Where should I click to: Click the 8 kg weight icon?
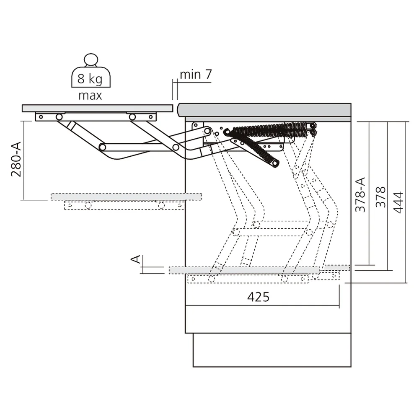click(x=90, y=73)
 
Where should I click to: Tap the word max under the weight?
click(x=90, y=96)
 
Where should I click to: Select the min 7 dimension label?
click(x=196, y=75)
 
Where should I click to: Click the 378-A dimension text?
click(x=360, y=194)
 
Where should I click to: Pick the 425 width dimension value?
click(x=258, y=297)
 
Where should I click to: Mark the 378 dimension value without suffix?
click(x=380, y=197)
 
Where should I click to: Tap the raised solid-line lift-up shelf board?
click(x=97, y=108)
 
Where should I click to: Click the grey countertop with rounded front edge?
click(x=264, y=110)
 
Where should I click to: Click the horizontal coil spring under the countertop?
click(x=268, y=128)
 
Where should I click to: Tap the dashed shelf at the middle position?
click(x=126, y=197)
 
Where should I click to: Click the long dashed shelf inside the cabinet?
click(x=244, y=270)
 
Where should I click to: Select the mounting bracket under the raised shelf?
click(x=96, y=116)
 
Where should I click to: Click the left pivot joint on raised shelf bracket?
click(x=59, y=117)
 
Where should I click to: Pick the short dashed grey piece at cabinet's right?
click(x=336, y=267)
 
